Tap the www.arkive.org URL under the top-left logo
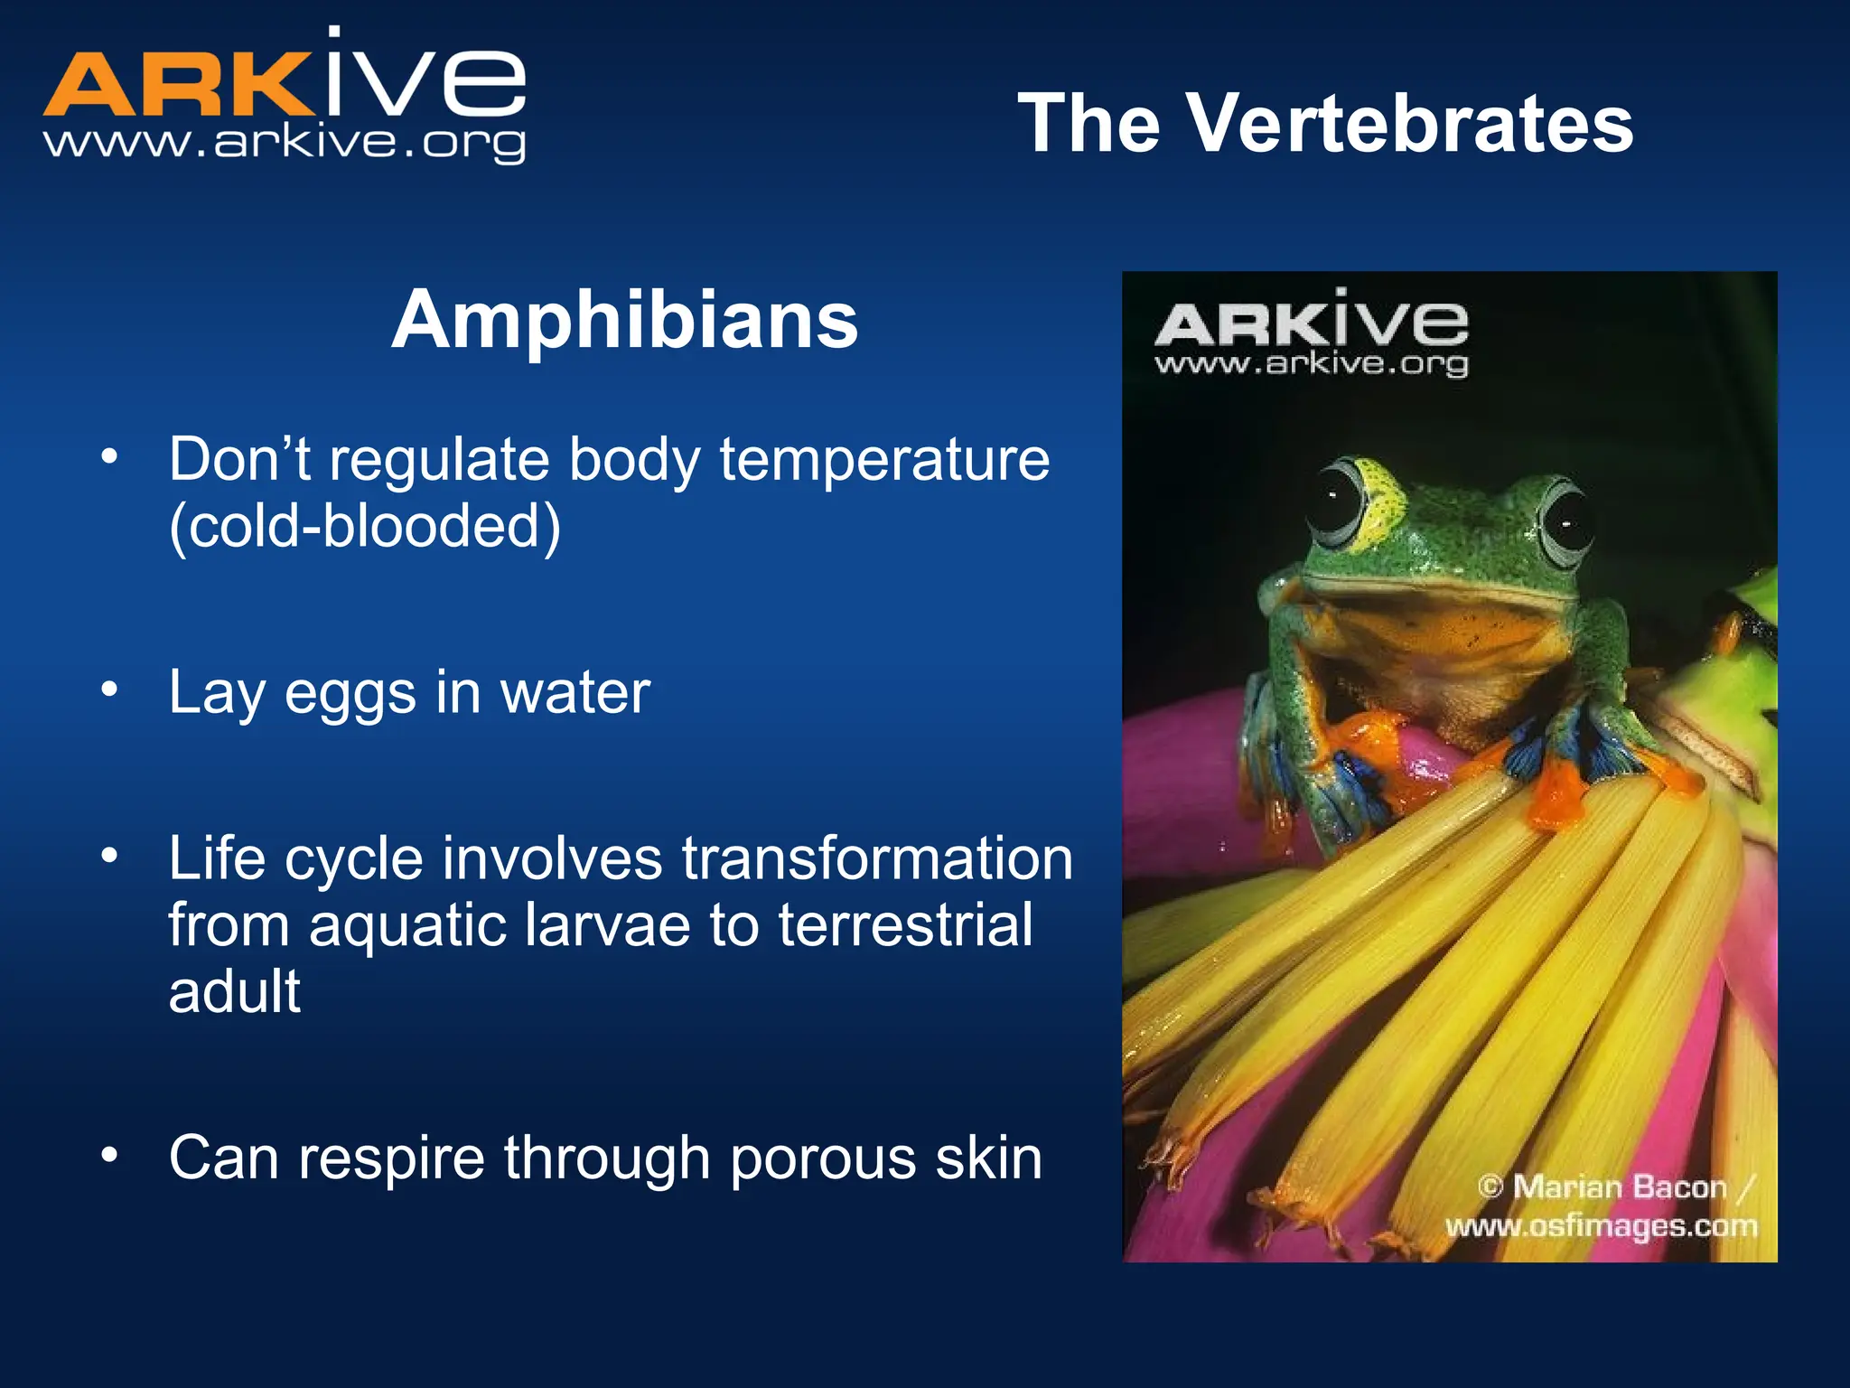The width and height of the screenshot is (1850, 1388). pos(285,143)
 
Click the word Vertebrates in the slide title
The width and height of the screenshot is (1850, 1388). pos(1409,124)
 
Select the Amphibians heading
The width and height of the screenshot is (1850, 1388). pos(624,320)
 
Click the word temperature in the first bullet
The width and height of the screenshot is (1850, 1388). pos(884,460)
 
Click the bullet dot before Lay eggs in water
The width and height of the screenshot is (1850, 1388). pos(109,690)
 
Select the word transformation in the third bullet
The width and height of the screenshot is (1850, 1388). pos(877,858)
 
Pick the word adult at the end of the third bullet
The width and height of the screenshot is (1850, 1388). pos(234,992)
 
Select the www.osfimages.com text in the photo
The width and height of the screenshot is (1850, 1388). pos(1601,1226)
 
